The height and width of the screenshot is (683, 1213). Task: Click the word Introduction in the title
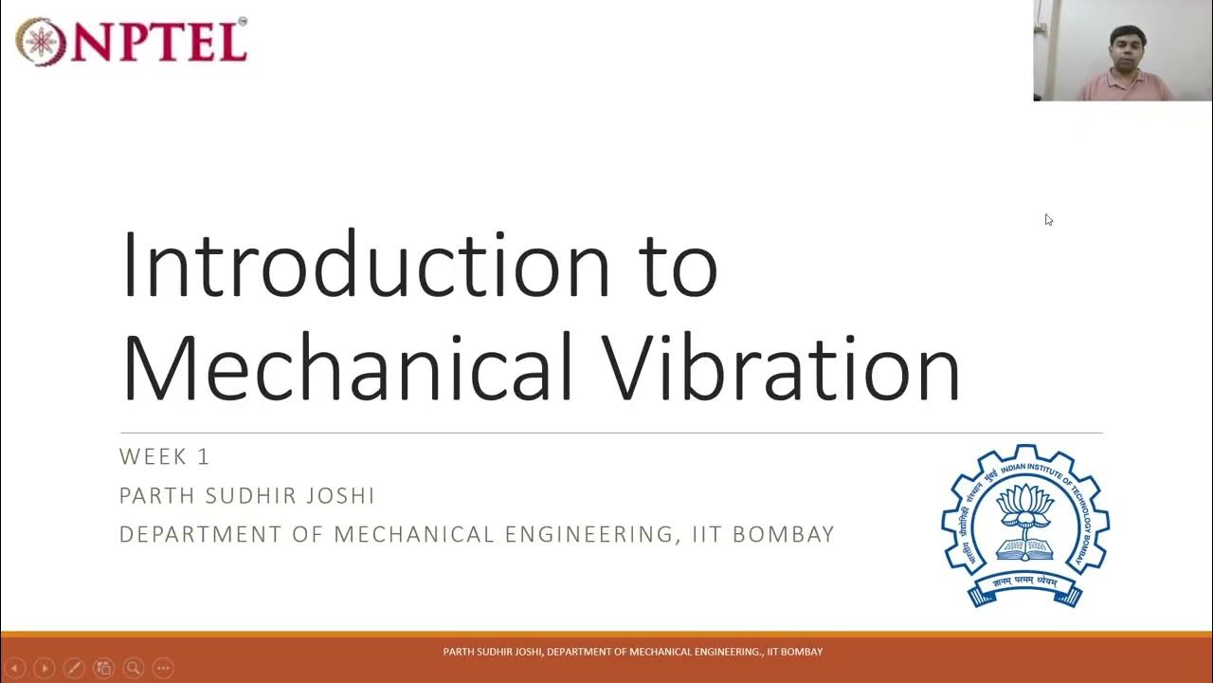point(365,264)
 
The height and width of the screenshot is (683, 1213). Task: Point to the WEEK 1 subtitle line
point(165,456)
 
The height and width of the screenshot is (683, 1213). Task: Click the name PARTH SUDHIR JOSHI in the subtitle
point(247,495)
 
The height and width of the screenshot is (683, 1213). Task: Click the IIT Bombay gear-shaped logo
point(1024,525)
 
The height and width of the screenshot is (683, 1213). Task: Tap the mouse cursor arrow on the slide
point(1048,219)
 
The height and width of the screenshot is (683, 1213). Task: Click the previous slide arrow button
point(15,668)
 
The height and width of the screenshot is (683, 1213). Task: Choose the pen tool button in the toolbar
point(74,668)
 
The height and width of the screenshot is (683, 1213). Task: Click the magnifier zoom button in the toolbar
point(133,668)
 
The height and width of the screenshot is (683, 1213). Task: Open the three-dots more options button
point(163,668)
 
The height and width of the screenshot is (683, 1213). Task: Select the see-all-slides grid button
point(103,668)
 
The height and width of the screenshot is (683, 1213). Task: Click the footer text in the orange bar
point(632,652)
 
